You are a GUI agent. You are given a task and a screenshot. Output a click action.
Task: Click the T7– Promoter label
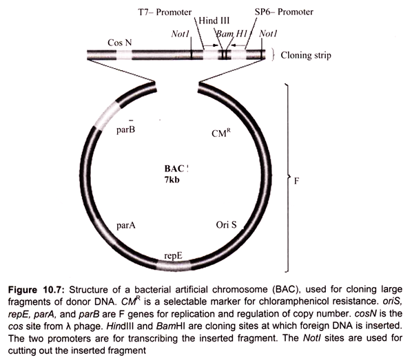[165, 12]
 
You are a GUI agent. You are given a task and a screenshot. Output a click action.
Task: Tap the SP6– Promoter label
[284, 12]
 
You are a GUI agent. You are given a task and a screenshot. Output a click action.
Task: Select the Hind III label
[214, 21]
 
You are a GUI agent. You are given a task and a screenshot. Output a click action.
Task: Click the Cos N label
[120, 43]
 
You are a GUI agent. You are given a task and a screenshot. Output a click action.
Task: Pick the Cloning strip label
[306, 55]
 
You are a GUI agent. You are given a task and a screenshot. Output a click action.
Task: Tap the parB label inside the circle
[126, 129]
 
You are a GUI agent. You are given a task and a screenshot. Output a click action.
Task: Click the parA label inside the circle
[126, 226]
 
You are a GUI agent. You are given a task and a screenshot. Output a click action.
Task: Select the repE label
[173, 256]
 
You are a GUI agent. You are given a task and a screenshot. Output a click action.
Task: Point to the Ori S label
[226, 225]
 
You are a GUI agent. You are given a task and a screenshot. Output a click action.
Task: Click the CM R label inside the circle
[221, 133]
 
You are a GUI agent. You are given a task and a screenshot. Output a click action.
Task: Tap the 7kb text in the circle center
[172, 180]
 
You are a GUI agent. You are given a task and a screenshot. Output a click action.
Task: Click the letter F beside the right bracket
[296, 181]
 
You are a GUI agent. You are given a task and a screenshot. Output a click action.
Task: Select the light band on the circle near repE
[173, 266]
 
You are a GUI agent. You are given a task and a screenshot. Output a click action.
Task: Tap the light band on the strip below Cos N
[124, 55]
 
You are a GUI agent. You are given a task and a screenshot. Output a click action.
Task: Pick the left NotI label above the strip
[181, 34]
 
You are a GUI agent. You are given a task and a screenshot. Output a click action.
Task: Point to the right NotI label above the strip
[268, 34]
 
